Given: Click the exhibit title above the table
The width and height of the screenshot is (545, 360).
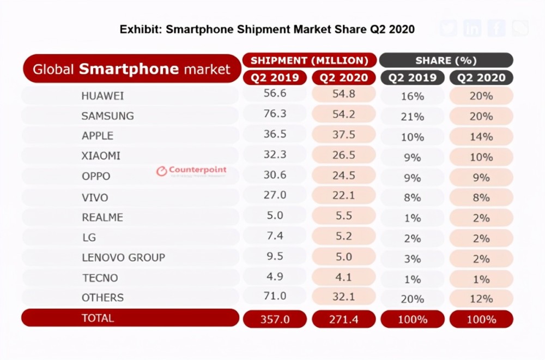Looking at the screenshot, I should tap(267, 29).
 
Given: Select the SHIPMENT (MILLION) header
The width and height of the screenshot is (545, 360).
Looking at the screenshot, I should tap(309, 60).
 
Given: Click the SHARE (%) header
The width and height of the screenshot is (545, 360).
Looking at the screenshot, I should tap(446, 60).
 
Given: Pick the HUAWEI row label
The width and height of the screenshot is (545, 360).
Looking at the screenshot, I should tap(102, 96).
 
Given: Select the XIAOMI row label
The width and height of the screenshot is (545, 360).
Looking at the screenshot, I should tap(101, 157).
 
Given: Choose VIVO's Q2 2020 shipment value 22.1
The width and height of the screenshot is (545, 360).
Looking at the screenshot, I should tap(344, 197).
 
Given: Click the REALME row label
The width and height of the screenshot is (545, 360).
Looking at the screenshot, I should tap(102, 217).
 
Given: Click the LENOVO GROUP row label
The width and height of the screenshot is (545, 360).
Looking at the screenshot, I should tap(123, 257).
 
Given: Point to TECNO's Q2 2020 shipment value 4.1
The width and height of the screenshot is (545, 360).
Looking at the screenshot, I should tap(344, 278).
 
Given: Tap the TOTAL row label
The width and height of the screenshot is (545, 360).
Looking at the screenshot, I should tap(98, 318).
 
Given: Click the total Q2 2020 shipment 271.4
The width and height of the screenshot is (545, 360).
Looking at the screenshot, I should tap(344, 319).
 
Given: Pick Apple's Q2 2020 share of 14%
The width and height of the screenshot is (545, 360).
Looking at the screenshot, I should tap(481, 136).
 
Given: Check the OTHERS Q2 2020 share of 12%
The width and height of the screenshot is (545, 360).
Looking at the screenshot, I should tap(481, 298).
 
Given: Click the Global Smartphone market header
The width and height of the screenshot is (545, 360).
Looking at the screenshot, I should tap(131, 69).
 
